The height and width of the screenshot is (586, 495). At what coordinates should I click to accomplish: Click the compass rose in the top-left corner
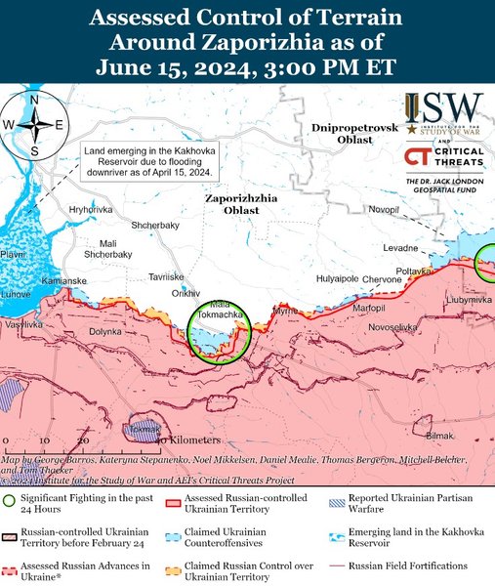click(x=34, y=124)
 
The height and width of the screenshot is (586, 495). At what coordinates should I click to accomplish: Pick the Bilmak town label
click(x=440, y=435)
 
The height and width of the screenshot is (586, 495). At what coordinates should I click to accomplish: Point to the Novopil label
click(x=384, y=210)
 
